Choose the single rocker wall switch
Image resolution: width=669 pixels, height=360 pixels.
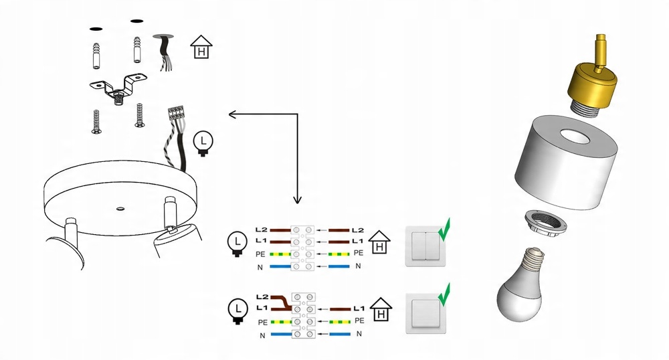pos(425,314)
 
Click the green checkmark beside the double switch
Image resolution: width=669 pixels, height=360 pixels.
pos(444,228)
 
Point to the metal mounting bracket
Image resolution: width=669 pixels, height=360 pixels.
pos(119,90)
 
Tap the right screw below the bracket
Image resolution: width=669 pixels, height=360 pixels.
pos(140,114)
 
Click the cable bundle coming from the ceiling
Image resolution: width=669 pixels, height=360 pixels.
pos(163,52)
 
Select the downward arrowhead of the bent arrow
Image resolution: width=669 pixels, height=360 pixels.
pos(297,199)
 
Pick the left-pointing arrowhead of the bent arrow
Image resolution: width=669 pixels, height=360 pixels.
pos(233,114)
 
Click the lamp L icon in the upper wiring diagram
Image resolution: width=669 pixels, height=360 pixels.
pos(236,243)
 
